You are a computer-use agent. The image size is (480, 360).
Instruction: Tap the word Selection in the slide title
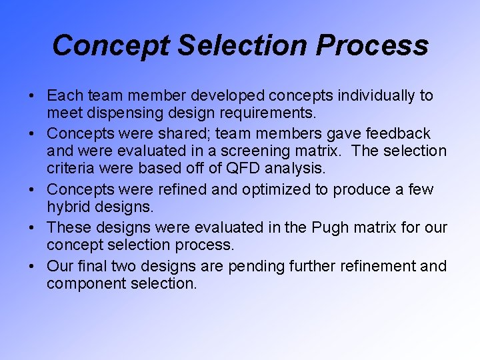245,45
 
